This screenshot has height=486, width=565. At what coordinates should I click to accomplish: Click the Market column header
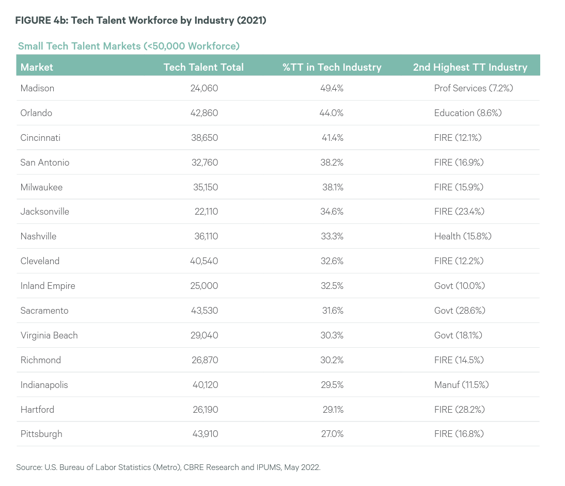[37, 67]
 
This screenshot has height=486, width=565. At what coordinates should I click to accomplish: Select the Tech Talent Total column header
[203, 67]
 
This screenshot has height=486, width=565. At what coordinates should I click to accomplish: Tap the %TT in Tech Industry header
[332, 67]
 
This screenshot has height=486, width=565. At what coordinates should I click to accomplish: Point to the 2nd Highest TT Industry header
[470, 67]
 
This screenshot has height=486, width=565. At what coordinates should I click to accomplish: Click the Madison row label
[38, 88]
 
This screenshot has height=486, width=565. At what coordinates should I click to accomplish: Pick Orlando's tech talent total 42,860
[205, 113]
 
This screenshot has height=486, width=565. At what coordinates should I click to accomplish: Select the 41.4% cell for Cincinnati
[333, 138]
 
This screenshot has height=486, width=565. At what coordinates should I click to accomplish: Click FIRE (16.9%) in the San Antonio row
[459, 163]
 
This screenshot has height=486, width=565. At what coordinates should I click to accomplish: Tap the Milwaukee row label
[41, 187]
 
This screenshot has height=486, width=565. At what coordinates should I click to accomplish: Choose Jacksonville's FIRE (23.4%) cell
[460, 212]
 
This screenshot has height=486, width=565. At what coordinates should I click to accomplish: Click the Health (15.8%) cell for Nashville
[463, 236]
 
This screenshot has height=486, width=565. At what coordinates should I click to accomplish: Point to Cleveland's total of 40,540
[205, 261]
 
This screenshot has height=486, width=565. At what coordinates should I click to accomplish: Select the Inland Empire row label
[48, 286]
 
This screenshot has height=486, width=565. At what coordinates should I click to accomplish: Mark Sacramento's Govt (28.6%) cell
[460, 310]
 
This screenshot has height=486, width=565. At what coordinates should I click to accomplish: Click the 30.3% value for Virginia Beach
[332, 335]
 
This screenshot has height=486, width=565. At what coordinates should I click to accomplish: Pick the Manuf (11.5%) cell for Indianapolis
[462, 385]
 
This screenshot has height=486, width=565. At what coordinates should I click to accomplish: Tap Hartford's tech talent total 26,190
[206, 409]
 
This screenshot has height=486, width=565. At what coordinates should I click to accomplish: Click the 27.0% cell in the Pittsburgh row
[333, 434]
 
